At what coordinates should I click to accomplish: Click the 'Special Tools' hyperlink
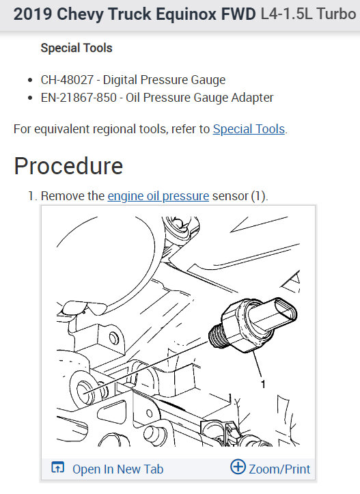pyautogui.click(x=249, y=128)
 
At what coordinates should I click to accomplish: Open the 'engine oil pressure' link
pyautogui.click(x=158, y=196)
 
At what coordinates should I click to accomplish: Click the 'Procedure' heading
pyautogui.click(x=68, y=166)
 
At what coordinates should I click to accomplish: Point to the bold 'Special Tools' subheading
pyautogui.click(x=77, y=48)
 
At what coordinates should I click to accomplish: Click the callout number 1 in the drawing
pyautogui.click(x=263, y=385)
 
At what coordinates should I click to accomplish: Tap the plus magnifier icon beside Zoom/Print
pyautogui.click(x=238, y=467)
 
